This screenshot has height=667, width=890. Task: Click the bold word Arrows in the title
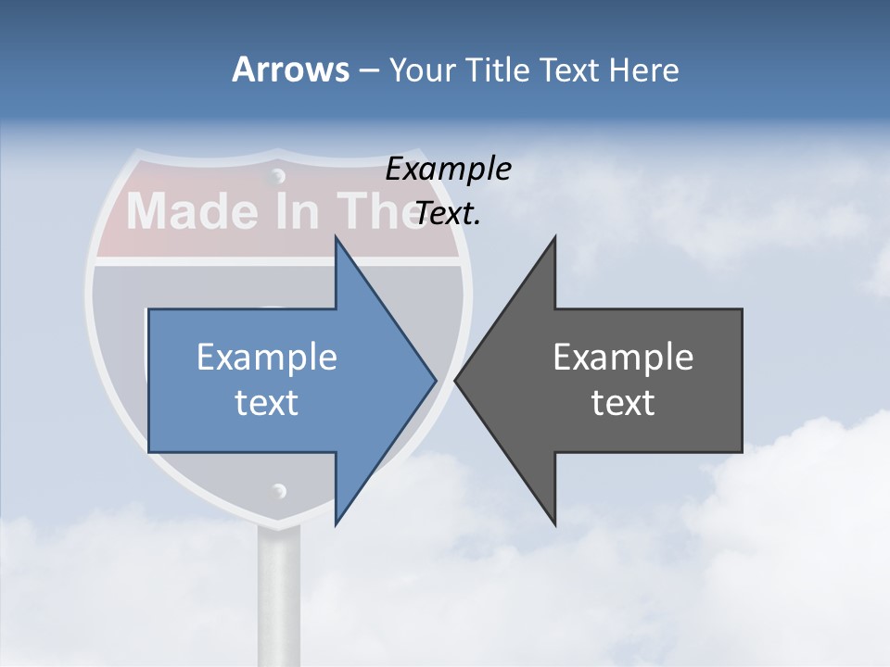click(290, 69)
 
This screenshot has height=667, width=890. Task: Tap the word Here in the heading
click(643, 69)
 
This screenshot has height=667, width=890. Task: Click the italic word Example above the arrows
click(448, 169)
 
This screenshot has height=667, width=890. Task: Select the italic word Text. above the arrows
click(448, 214)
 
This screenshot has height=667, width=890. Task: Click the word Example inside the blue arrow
click(267, 357)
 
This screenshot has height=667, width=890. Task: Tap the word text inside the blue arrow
click(267, 403)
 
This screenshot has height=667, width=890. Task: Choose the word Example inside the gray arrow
click(623, 357)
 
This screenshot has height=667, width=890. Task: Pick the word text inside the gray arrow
click(623, 403)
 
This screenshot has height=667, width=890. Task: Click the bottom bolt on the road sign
click(278, 491)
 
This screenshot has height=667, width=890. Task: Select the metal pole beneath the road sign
click(278, 593)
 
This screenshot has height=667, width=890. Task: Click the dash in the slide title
click(368, 70)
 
